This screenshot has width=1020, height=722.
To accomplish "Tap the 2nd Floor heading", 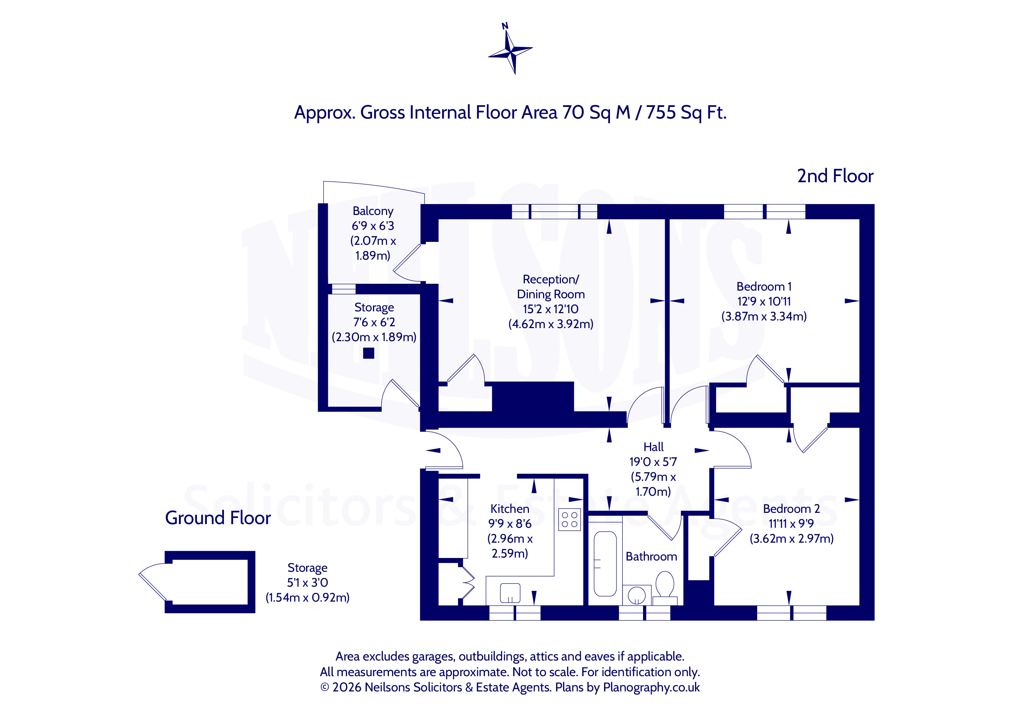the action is tap(835, 176).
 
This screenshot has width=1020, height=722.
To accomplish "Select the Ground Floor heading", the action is tap(218, 518).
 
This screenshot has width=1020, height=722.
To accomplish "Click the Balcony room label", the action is tap(373, 211).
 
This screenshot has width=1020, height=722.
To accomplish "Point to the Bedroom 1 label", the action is tap(764, 286).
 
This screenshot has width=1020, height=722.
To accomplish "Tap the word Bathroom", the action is tap(651, 557).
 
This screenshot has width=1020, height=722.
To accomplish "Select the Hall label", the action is tap(654, 447).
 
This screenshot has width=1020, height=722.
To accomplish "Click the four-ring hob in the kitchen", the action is tap(569, 519).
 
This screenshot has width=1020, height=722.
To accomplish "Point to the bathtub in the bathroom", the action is tap(605, 564).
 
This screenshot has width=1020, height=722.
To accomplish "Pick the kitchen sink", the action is tap(510, 593).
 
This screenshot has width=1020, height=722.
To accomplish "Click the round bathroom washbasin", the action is tap(637, 595).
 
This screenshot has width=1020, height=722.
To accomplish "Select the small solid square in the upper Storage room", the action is tap(369, 353).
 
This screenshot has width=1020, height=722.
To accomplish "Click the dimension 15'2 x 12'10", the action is tap(550, 309).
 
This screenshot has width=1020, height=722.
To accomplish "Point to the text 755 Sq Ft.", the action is tap(686, 112).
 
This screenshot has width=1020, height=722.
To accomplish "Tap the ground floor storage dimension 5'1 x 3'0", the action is tap(308, 582).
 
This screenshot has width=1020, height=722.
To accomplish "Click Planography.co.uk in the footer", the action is tap(651, 687).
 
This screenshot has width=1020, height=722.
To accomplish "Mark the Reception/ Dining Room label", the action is tap(550, 287).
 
